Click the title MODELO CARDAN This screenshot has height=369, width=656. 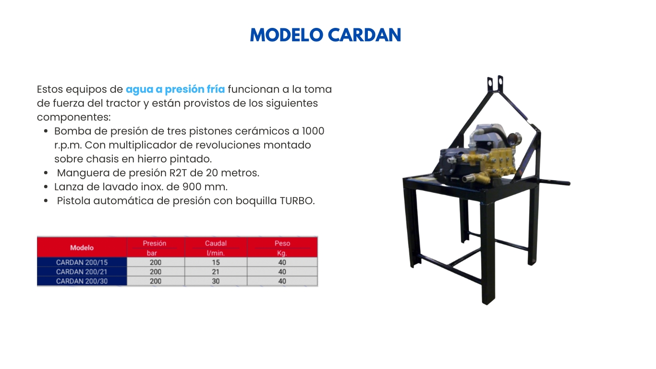click(x=326, y=35)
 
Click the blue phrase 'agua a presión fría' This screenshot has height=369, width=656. click(x=175, y=89)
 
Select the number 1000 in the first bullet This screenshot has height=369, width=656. click(x=313, y=131)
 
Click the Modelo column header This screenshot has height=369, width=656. click(x=82, y=247)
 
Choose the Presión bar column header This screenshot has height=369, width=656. click(x=154, y=248)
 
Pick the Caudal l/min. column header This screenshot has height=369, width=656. click(x=216, y=248)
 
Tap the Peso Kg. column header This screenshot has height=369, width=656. click(x=282, y=248)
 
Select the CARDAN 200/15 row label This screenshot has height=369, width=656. click(x=82, y=262)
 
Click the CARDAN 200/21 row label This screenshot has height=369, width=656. click(x=82, y=271)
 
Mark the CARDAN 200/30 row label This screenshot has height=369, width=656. click(x=82, y=281)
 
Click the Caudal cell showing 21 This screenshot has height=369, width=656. click(x=216, y=271)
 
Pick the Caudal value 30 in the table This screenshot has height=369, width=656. click(x=216, y=281)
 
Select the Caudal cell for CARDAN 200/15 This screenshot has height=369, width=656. click(x=216, y=262)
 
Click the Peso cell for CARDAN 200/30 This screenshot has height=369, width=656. click(x=282, y=281)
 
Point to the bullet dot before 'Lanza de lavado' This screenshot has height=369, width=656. click(x=46, y=187)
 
